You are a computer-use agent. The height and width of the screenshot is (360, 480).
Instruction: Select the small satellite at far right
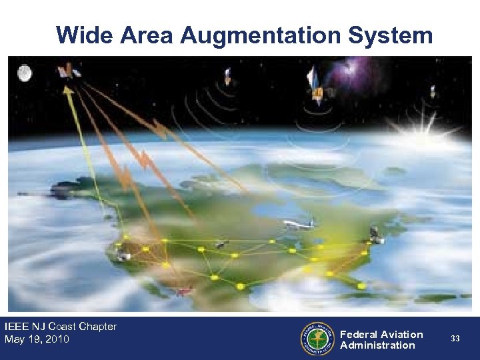[433, 91]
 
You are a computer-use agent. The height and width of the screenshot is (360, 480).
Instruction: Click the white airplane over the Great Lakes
[296, 224]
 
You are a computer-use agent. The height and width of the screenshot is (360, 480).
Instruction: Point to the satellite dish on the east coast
[375, 235]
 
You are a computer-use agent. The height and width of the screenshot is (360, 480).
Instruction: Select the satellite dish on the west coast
[122, 254]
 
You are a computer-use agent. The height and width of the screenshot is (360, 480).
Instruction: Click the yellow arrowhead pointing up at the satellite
[67, 91]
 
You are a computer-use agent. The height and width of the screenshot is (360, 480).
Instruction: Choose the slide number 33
[455, 339]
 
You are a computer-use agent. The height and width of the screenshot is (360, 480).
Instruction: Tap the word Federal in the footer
[358, 334]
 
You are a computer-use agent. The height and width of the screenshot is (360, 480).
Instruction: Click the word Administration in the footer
[377, 345]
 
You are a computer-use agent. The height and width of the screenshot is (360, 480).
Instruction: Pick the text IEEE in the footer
[17, 327]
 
